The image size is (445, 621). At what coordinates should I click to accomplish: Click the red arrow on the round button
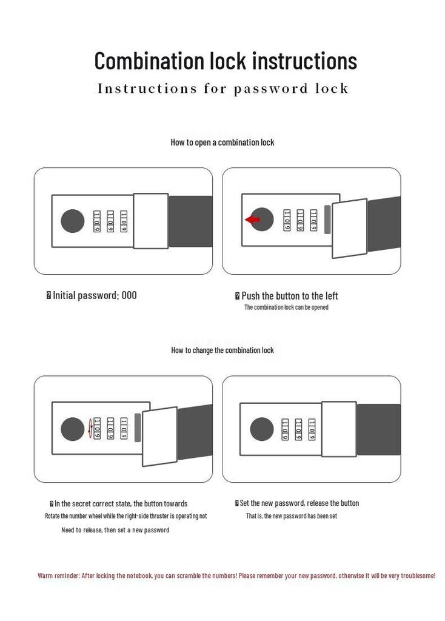[252, 220]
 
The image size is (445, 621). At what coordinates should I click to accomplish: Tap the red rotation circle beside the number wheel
[90, 429]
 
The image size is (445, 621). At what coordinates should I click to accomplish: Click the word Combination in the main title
[149, 61]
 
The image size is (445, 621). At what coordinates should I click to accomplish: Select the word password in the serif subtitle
[270, 89]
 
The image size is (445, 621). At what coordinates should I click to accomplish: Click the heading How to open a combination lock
[222, 142]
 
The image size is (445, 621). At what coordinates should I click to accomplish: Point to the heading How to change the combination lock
[222, 350]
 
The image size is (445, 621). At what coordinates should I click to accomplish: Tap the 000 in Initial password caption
[129, 295]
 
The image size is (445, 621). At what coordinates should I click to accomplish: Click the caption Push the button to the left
[289, 296]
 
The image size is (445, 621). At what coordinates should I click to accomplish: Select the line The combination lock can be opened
[286, 307]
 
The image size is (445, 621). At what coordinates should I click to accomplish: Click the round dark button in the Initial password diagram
[73, 221]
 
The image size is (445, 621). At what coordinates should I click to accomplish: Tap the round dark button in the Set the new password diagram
[262, 429]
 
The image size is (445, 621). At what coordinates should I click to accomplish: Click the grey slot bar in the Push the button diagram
[327, 220]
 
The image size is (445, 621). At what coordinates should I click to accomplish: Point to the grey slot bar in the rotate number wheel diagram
[138, 428]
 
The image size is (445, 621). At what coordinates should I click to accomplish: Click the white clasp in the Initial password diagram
[151, 221]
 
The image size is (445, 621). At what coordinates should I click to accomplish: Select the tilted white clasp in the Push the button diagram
[349, 229]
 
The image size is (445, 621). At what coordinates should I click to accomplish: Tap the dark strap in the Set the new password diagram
[378, 429]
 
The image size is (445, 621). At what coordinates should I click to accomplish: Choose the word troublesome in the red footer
[418, 576]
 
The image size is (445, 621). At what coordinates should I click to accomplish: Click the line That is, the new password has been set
[292, 516]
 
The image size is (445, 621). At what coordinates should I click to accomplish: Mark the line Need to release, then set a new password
[115, 530]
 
